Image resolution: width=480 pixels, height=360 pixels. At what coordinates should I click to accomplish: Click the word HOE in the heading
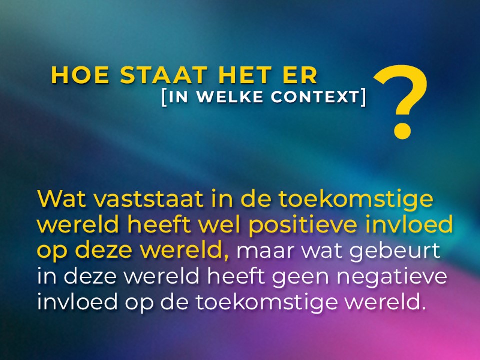pos(80,75)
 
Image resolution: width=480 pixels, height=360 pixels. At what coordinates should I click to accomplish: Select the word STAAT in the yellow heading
pos(164,75)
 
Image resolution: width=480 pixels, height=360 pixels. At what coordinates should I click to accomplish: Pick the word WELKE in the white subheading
pos(230,97)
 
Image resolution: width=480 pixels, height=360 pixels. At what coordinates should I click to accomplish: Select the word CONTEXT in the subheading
pos(315,97)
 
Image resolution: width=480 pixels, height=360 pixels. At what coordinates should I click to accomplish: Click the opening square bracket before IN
pos(164,98)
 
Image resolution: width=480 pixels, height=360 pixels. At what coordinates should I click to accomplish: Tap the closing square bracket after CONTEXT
pos(363,98)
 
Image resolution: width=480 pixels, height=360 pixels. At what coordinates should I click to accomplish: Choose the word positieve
pos(303,225)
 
